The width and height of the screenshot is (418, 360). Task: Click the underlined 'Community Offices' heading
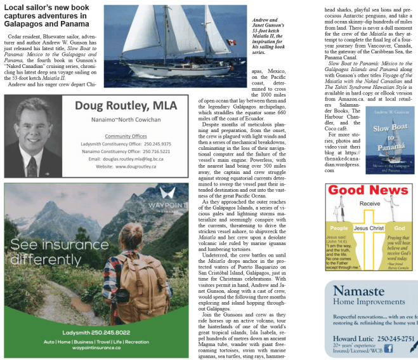[x=126, y=136]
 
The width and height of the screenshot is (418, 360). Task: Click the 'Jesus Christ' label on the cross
[x=369, y=227]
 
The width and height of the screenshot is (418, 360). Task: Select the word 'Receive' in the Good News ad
[x=370, y=204]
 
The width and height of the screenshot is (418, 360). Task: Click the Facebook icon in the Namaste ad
[x=388, y=347]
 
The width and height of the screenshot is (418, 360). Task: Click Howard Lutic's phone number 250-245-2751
[x=396, y=338]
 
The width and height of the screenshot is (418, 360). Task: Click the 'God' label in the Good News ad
[x=399, y=227]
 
